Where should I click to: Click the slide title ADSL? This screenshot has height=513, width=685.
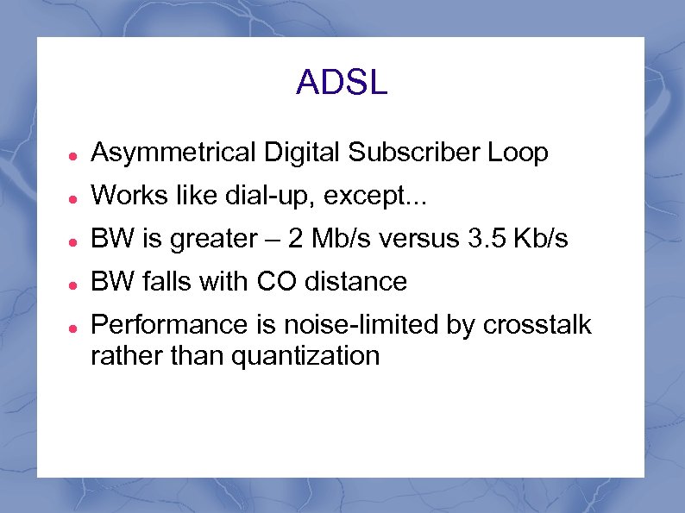342,83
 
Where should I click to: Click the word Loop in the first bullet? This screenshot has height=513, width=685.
518,153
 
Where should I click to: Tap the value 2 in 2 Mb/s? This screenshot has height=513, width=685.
297,240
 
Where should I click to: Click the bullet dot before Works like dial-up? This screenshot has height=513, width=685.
75,198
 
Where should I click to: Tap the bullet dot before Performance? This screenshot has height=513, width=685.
75,328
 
